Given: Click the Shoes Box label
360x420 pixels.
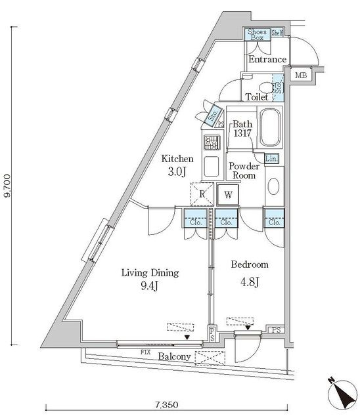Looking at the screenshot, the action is (x=257, y=35).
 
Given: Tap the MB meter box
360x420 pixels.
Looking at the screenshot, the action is (x=301, y=75).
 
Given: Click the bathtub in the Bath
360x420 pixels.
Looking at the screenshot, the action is (x=271, y=127).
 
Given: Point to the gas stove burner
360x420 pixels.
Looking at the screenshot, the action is (x=212, y=142).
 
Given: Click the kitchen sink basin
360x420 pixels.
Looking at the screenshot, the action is (x=212, y=166).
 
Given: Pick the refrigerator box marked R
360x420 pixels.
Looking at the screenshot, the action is (x=202, y=194).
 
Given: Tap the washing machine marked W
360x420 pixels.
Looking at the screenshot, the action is (x=228, y=195).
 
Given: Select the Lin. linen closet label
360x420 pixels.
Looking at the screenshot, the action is (x=271, y=159).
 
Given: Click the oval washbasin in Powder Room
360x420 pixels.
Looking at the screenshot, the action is (x=274, y=186).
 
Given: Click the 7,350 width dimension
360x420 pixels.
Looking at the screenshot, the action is (x=166, y=404).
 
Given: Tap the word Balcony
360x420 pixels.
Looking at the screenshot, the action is (x=174, y=356).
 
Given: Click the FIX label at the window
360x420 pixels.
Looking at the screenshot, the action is (x=145, y=352).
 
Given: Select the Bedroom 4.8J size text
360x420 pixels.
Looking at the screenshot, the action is (x=250, y=282).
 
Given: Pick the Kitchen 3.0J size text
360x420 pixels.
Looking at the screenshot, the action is (x=177, y=171).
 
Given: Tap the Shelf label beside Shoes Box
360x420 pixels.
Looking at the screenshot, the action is (x=277, y=33).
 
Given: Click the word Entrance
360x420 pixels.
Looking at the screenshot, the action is (x=267, y=59).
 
